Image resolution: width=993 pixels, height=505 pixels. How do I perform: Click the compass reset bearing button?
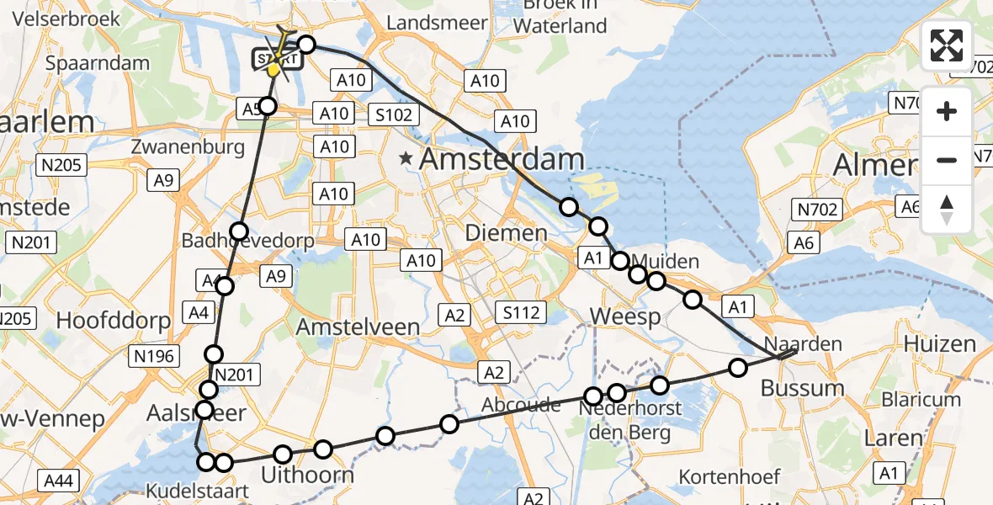click(x=947, y=209)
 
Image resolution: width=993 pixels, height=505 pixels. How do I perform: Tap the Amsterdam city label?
click(x=502, y=158)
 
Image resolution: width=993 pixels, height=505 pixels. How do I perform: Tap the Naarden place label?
click(x=803, y=343)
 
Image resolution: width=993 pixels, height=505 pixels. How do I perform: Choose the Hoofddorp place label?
click(x=113, y=320)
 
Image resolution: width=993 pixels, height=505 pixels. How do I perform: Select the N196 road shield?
click(x=153, y=356)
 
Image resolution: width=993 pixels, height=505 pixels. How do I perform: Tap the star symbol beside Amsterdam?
click(x=407, y=157)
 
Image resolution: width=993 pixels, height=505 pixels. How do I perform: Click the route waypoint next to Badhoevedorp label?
click(x=240, y=231)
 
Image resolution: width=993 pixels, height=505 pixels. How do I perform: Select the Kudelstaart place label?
click(x=186, y=491)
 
